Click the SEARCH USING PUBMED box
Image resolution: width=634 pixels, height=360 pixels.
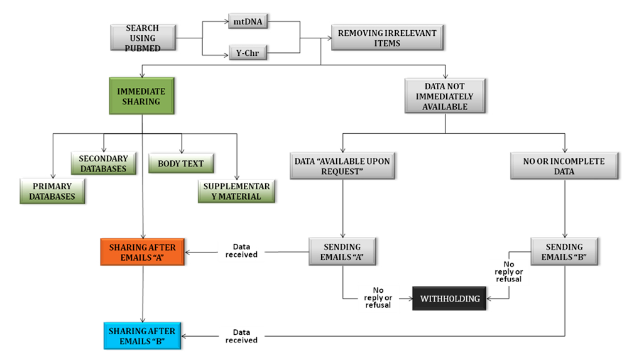pos(142,38)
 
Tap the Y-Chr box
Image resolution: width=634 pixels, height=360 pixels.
pos(247,53)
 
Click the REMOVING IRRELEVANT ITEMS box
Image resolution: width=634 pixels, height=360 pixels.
pos(387,38)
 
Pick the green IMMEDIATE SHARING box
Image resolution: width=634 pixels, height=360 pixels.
pos(141,95)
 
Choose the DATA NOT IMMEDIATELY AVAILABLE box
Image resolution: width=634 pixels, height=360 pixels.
pos(445,97)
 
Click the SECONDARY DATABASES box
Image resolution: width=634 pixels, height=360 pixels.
pos(104,163)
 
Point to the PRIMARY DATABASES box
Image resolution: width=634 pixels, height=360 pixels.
pos(52,191)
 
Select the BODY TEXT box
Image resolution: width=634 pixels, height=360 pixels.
pos(181,163)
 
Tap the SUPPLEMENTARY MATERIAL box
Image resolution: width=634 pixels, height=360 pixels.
pos(236,191)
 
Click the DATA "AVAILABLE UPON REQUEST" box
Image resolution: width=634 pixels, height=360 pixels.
pos(342,166)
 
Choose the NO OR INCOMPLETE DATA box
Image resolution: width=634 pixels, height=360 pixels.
pos(564,166)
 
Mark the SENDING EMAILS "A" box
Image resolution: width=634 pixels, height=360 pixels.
pos(342,251)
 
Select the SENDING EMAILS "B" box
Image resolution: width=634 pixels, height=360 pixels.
pos(564,251)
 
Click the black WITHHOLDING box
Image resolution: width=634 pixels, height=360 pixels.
pos(450,298)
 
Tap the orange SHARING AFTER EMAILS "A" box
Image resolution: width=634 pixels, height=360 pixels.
pos(143,251)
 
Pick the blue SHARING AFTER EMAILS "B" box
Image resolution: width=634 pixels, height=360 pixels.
pos(143,335)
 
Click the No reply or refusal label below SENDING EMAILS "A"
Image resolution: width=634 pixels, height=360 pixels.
pos(378,297)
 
